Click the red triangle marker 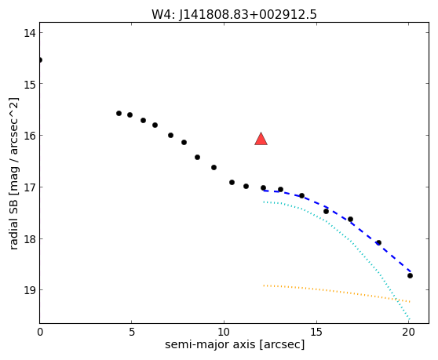click(261, 140)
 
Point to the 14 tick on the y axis click(30, 33)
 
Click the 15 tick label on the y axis click(30, 84)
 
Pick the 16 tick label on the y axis click(30, 136)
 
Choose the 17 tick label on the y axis click(30, 187)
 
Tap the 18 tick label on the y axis click(30, 238)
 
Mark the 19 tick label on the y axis click(30, 290)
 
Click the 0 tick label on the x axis click(40, 332)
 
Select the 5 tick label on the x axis click(132, 332)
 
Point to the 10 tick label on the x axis click(224, 332)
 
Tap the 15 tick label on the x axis click(316, 332)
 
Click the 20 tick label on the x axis click(409, 332)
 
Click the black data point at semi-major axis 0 click(40, 60)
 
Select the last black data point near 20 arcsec click(410, 276)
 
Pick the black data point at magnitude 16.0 click(170, 136)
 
